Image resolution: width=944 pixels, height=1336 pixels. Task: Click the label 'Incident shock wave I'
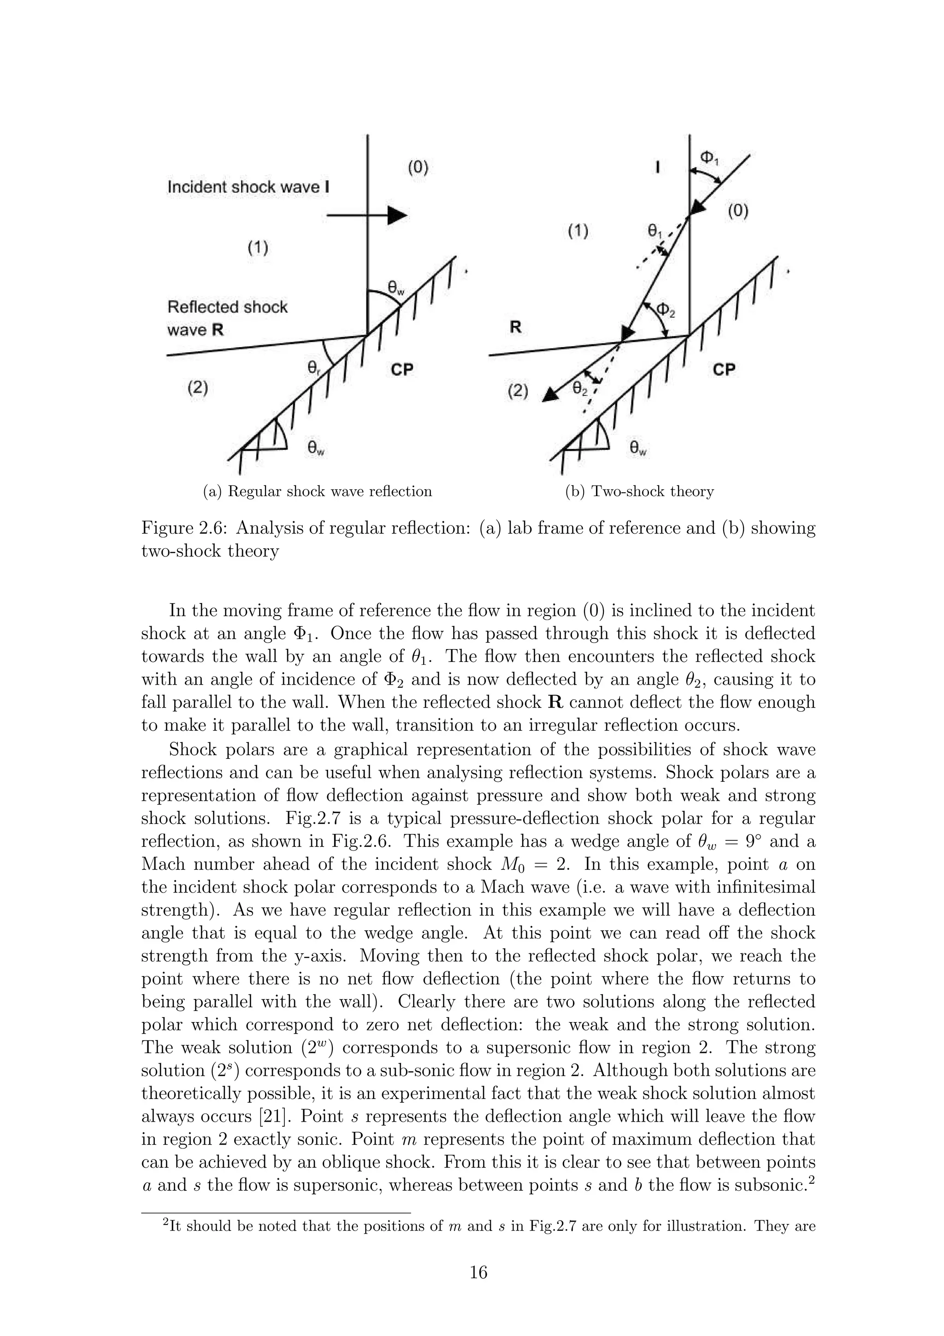pos(248,187)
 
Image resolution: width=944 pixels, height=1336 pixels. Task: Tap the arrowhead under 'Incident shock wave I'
pos(397,215)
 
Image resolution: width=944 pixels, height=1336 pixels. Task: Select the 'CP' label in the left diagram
pos(401,369)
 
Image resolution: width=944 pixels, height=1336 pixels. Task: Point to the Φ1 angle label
pos(708,158)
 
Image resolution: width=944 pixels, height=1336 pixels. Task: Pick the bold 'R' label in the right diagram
pos(515,328)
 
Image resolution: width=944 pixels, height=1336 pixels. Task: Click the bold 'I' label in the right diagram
pos(657,168)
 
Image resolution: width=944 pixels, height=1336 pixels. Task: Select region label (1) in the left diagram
pos(257,248)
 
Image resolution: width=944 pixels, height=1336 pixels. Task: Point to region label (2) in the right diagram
pos(518,391)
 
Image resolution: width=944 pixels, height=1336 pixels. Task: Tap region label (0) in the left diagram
pos(417,168)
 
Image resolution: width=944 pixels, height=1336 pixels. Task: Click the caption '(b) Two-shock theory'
pos(639,492)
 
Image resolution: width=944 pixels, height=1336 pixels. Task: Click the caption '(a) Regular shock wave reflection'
pos(317,492)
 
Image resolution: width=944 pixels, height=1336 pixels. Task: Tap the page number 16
pos(478,1273)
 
